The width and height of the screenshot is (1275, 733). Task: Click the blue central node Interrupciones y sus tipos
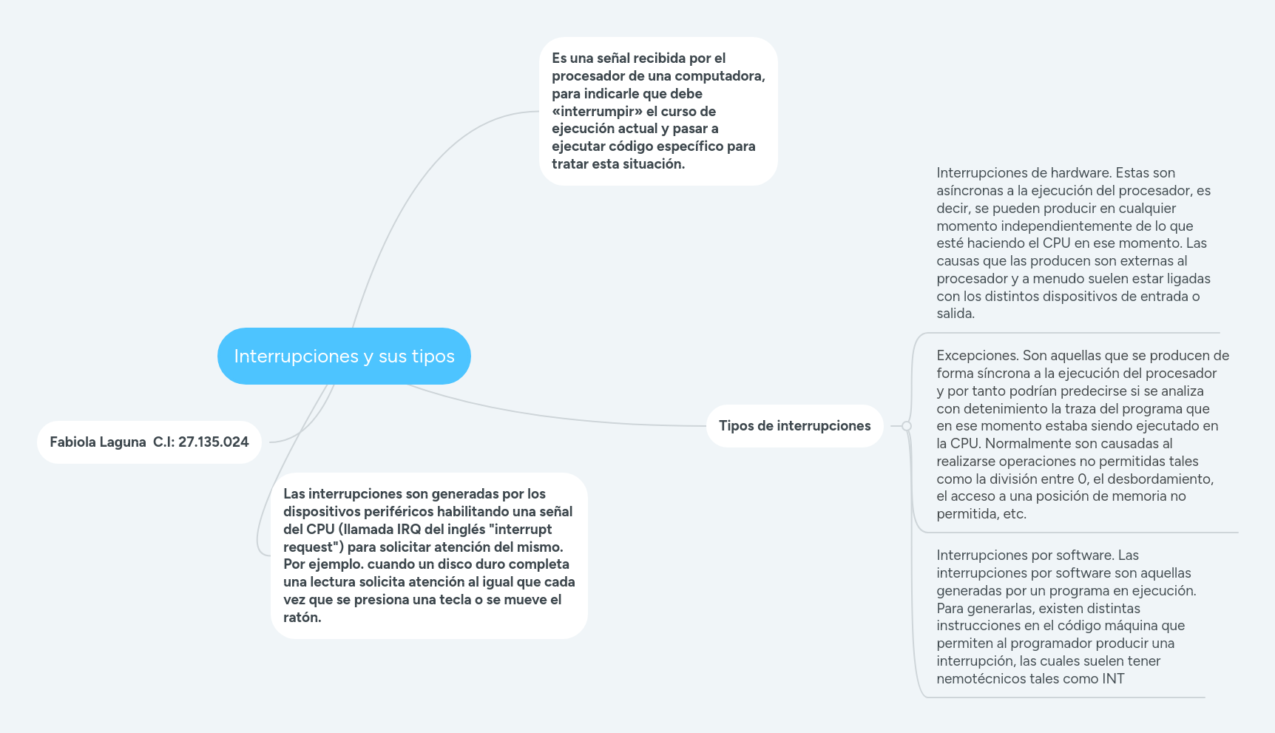click(x=344, y=356)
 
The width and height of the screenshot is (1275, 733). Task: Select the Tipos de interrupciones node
click(x=794, y=426)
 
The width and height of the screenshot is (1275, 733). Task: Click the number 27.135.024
click(x=213, y=442)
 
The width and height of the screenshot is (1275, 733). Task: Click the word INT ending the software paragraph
click(x=1113, y=679)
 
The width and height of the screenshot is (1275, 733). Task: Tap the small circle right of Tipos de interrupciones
click(x=907, y=426)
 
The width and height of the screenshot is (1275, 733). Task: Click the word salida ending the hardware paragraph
click(x=955, y=314)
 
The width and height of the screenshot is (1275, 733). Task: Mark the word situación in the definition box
click(x=652, y=164)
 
